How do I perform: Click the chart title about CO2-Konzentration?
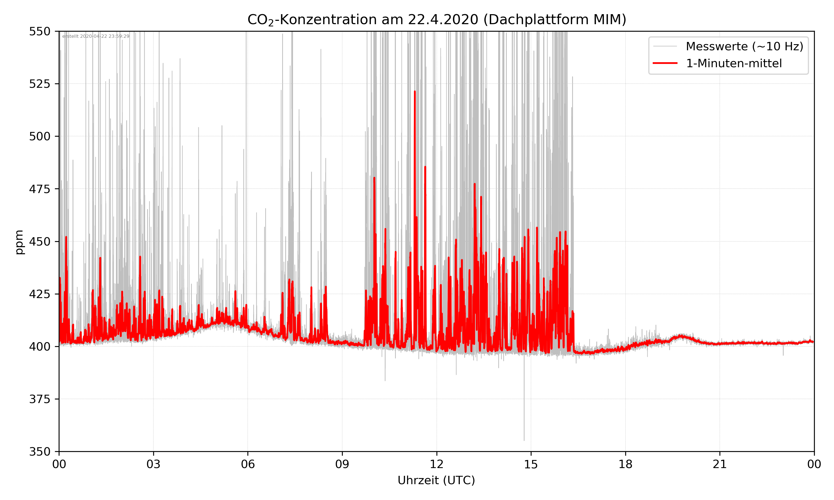click(x=436, y=19)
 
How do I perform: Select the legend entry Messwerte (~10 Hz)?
click(x=744, y=46)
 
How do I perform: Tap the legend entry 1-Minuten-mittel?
click(x=734, y=63)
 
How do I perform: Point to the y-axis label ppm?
click(x=19, y=242)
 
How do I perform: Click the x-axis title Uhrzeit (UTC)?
click(x=436, y=480)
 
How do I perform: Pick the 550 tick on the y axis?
click(x=39, y=31)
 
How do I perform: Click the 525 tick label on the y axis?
click(x=39, y=84)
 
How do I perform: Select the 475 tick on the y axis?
click(x=39, y=189)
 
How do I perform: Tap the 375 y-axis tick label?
click(x=39, y=399)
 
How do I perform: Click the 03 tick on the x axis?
click(x=153, y=464)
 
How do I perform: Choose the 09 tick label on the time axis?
click(x=342, y=464)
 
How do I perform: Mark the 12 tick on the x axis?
click(x=436, y=464)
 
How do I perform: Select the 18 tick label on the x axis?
click(x=625, y=464)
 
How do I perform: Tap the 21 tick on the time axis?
click(x=720, y=464)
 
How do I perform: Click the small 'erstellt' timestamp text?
click(x=96, y=36)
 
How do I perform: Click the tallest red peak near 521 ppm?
click(x=415, y=92)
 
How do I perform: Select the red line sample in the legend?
click(x=665, y=63)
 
